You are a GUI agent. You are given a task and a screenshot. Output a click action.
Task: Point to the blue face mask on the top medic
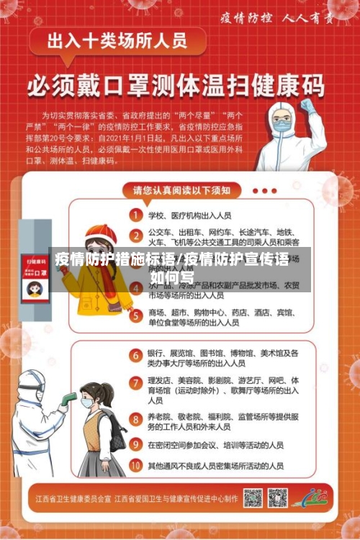pyautogui.click(x=282, y=127)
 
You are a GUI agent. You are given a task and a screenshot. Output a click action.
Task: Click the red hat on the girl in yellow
pyautogui.click(x=102, y=233)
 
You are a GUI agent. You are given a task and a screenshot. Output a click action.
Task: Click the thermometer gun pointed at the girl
pyautogui.click(x=69, y=398)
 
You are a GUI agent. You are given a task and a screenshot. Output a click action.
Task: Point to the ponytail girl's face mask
pyautogui.click(x=88, y=404)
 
